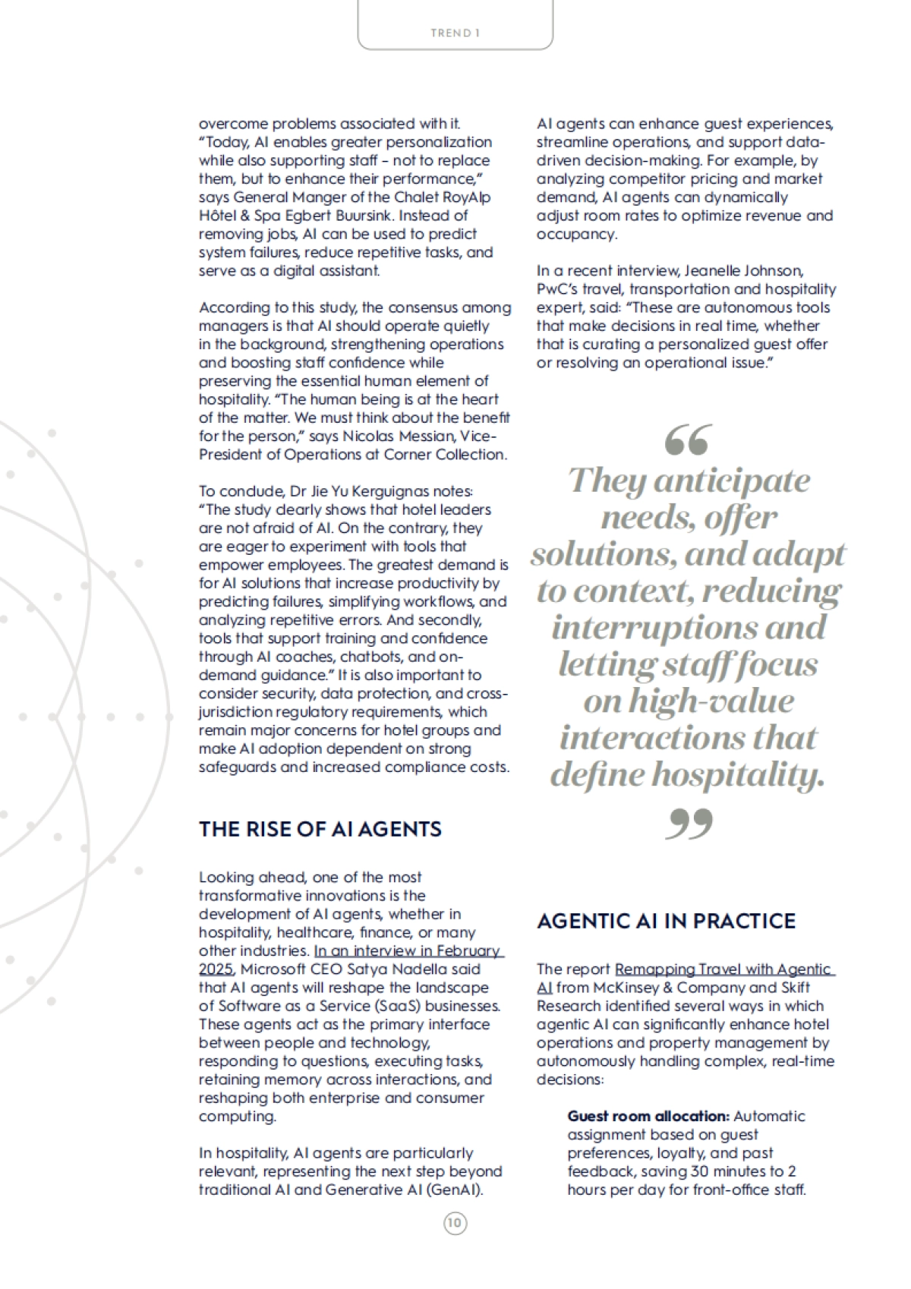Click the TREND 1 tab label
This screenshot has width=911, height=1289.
tap(455, 33)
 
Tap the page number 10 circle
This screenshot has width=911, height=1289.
tap(455, 1223)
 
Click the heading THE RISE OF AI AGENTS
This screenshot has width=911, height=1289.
tap(320, 829)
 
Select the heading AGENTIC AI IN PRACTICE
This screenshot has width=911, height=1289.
tap(666, 921)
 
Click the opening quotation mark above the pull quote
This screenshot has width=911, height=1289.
tap(688, 440)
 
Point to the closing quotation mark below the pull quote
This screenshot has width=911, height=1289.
tap(689, 824)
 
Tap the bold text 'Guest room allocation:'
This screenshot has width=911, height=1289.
tap(648, 1116)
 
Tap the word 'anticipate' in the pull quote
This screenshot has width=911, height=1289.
tap(731, 481)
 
